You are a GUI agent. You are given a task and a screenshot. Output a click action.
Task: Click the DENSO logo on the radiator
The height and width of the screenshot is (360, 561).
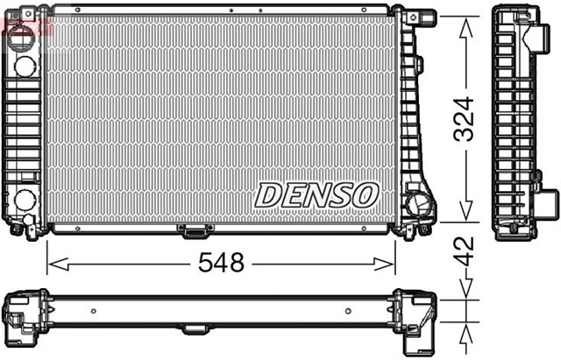[x=316, y=194]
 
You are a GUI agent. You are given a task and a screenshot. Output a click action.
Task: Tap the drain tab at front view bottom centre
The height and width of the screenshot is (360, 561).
[x=195, y=230]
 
